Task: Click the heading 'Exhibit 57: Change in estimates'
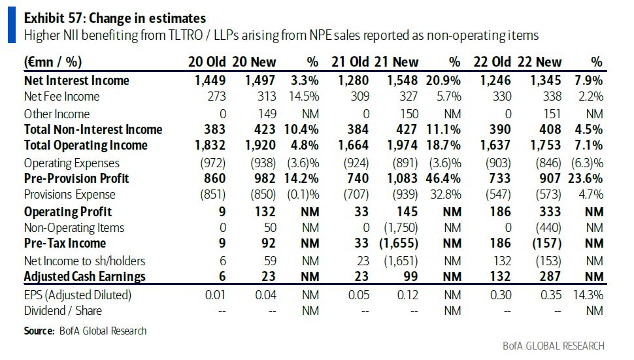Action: coord(114,18)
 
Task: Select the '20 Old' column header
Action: coord(207,62)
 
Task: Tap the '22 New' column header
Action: coord(539,62)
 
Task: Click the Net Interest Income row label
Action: coord(76,80)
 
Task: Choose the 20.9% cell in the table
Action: coord(444,80)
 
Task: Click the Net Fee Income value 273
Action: coord(216,97)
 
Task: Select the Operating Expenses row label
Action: coord(71,163)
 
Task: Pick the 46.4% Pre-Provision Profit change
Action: coord(444,178)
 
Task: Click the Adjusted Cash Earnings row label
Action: coord(84,276)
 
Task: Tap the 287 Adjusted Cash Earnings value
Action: coord(550,276)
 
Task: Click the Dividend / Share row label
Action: coord(63,310)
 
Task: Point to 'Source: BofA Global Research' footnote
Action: coord(85,331)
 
